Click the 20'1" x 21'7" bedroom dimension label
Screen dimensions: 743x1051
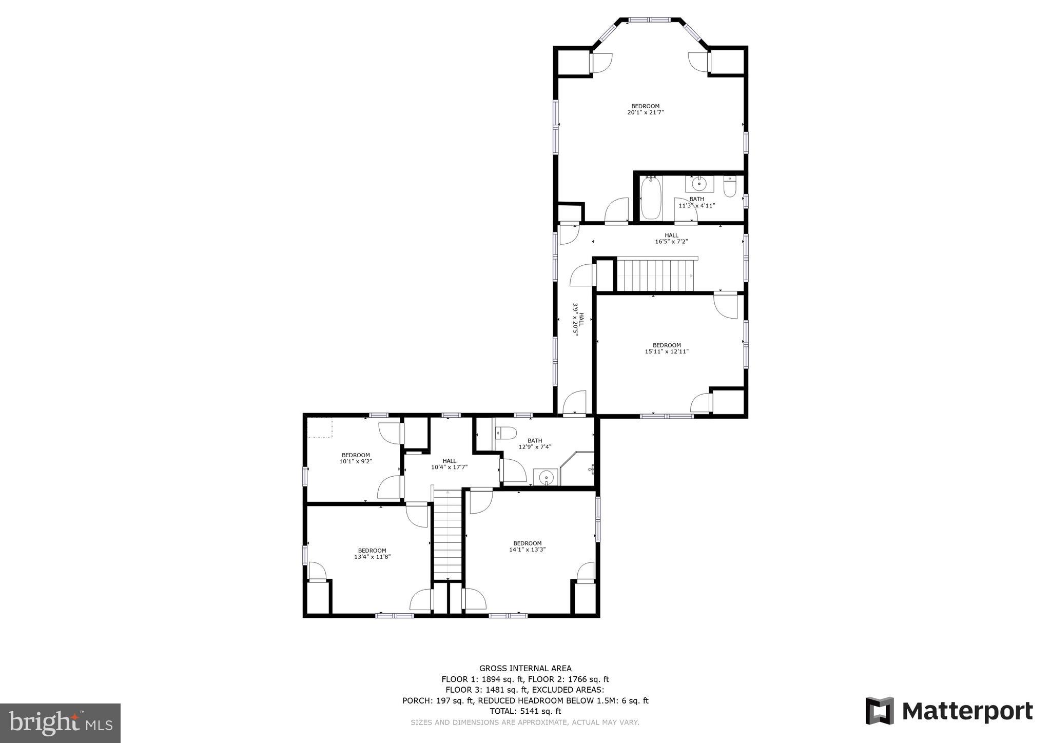point(646,109)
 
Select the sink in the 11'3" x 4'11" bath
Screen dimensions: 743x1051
point(699,184)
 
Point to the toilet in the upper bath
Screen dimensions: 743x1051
point(730,187)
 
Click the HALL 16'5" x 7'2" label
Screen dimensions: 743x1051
point(671,239)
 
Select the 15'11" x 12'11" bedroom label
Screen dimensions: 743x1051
point(667,348)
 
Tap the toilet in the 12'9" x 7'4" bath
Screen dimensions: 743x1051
point(505,434)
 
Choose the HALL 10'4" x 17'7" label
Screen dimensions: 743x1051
point(449,464)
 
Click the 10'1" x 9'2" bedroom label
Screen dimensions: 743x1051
point(356,458)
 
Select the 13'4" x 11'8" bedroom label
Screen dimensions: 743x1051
point(372,554)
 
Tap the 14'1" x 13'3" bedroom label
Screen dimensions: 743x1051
point(528,546)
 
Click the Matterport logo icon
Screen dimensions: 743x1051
point(880,711)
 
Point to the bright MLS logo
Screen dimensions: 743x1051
point(61,722)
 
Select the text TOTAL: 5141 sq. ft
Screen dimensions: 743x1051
point(525,711)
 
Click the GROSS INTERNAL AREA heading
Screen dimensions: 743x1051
point(525,668)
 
